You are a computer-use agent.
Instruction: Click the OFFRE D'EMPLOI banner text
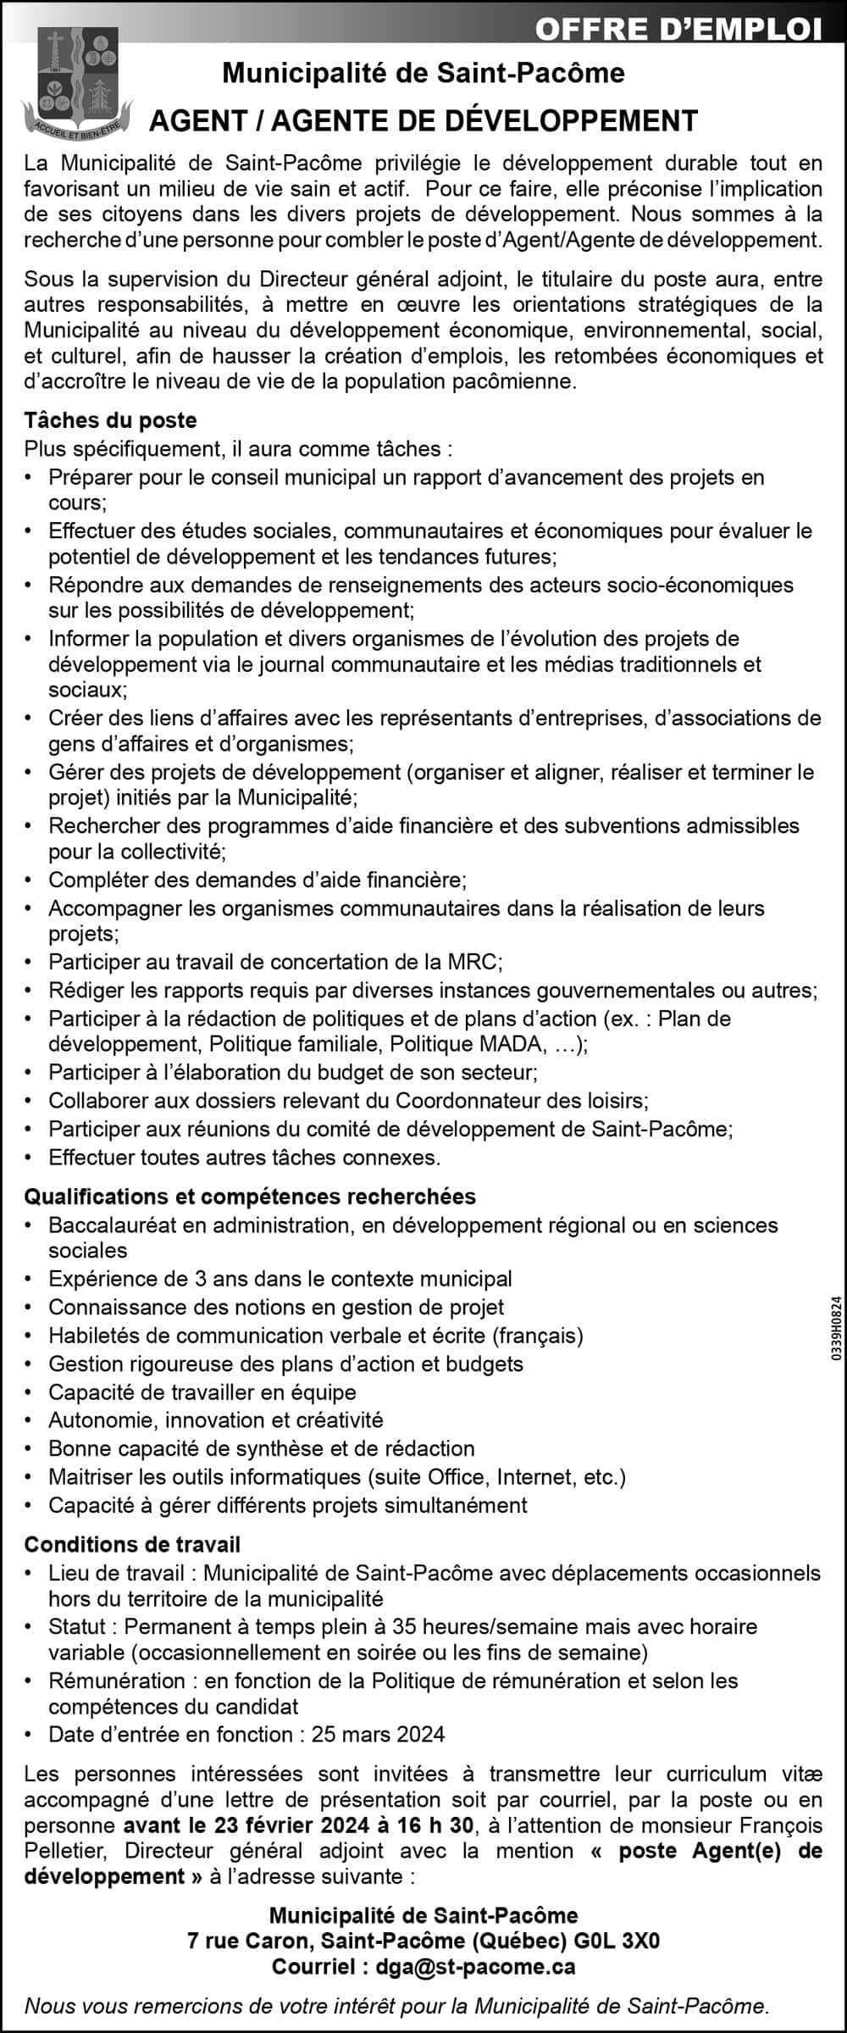pyautogui.click(x=678, y=30)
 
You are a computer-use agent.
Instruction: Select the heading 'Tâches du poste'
pyautogui.click(x=110, y=420)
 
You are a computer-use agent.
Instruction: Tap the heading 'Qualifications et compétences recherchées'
pyautogui.click(x=250, y=1196)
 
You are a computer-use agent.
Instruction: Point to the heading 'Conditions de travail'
pyautogui.click(x=132, y=1544)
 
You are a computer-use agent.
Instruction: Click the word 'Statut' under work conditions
pyautogui.click(x=77, y=1626)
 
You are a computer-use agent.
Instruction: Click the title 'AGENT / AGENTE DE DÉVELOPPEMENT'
pyautogui.click(x=423, y=120)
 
